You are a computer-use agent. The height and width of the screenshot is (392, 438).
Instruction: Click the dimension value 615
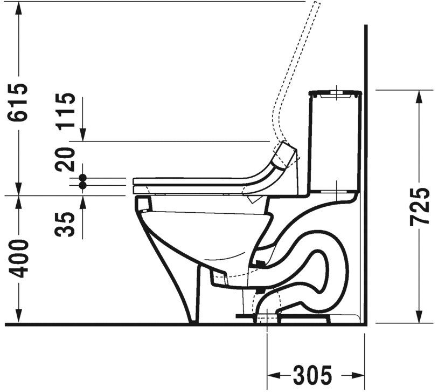tap(18, 102)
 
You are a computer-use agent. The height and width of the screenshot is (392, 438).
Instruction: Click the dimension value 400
tap(18, 259)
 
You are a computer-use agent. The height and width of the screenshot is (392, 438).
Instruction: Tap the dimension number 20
tap(66, 159)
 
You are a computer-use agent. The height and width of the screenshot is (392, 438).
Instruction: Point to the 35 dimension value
tap(66, 224)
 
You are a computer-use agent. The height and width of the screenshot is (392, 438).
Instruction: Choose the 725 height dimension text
tap(419, 207)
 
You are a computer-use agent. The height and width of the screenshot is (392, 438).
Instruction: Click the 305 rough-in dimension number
tap(312, 375)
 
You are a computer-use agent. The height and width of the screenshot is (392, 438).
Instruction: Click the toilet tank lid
tap(336, 93)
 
